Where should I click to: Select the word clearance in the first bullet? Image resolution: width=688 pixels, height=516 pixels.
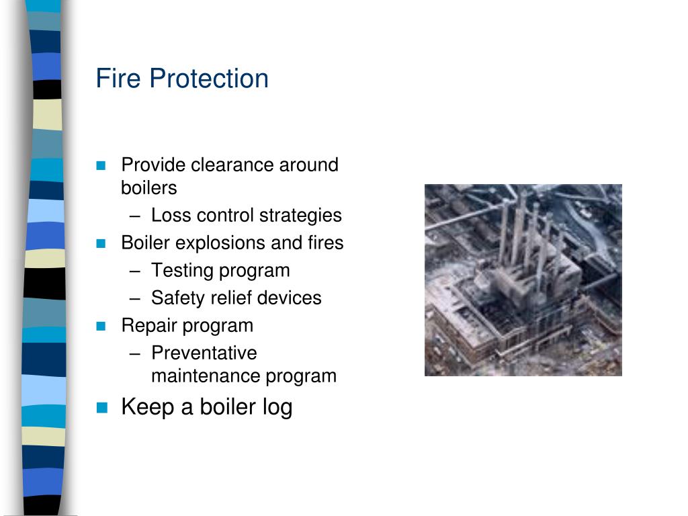[x=232, y=165]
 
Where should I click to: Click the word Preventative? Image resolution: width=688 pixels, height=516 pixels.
[x=204, y=353]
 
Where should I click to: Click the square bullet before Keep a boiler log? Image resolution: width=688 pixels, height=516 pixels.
[x=101, y=407]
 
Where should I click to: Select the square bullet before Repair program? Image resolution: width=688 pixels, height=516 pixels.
[x=101, y=327]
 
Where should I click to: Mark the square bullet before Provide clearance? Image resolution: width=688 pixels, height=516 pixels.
[x=101, y=165]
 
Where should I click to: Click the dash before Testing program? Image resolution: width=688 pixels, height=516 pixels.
[x=136, y=271]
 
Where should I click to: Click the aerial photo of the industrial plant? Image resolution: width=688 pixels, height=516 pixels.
[x=523, y=279]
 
